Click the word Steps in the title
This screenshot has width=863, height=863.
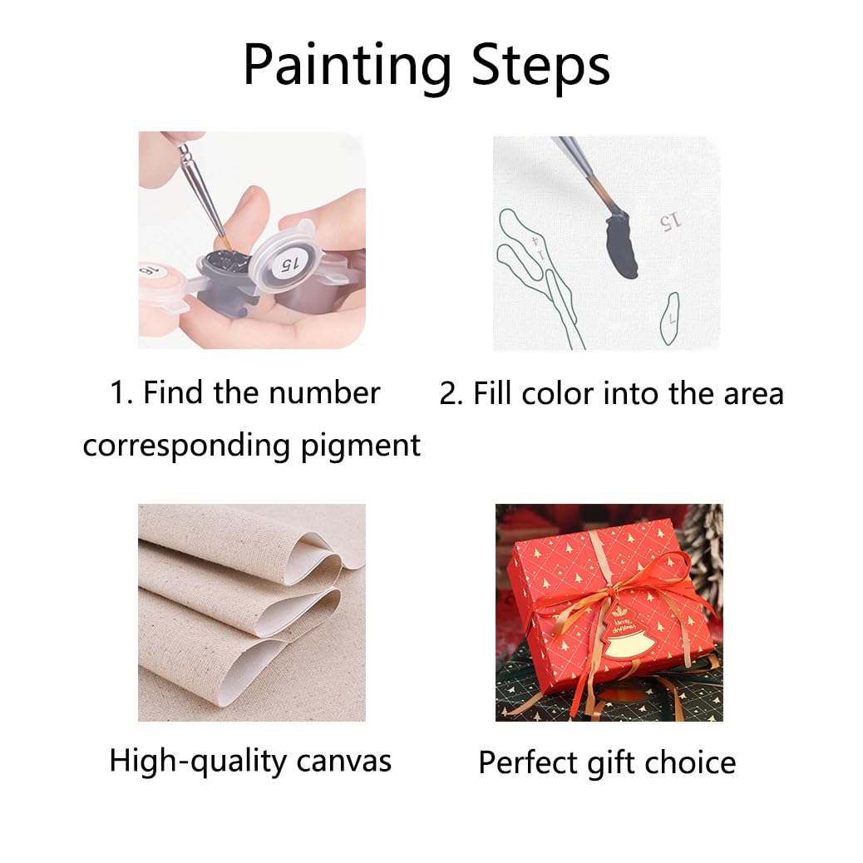pyautogui.click(x=540, y=66)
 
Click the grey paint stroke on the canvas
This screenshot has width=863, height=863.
pyautogui.click(x=622, y=246)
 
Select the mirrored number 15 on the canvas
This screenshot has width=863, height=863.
pyautogui.click(x=670, y=220)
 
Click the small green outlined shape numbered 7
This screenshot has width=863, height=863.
pyautogui.click(x=671, y=319)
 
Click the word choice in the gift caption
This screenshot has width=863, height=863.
pyautogui.click(x=695, y=762)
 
